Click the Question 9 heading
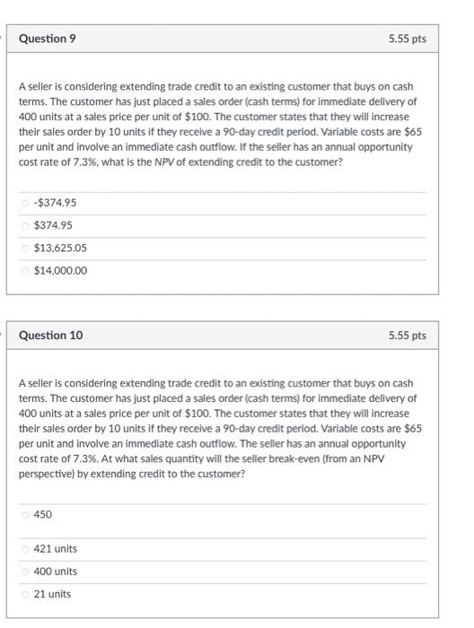pos(48,39)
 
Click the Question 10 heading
pos(51,335)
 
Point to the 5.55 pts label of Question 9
pos(407,39)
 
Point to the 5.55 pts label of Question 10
pos(407,336)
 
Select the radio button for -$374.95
pos(25,203)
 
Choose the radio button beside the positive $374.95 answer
pos(25,225)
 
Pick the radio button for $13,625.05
pos(25,248)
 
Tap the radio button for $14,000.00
pos(25,270)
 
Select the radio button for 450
pos(25,515)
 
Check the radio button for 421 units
pos(25,549)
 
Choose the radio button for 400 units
pos(25,571)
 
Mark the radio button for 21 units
pos(25,594)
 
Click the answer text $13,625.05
pos(60,248)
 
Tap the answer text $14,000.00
pos(60,270)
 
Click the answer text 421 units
pos(55,549)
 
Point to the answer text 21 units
pos(52,594)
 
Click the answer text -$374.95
pos(55,203)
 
